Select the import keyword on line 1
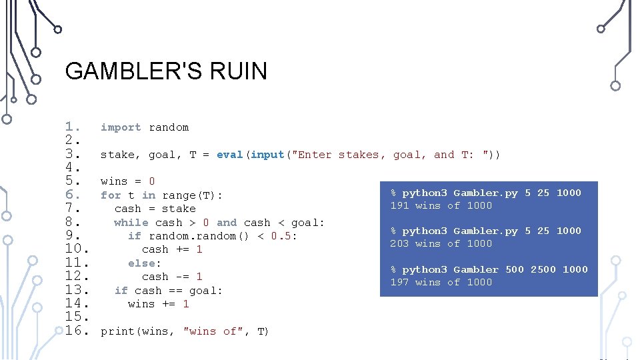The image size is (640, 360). [121, 127]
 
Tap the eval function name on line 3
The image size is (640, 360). [230, 155]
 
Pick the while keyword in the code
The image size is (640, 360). [131, 223]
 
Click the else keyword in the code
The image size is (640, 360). [144, 263]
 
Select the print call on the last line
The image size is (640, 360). [117, 331]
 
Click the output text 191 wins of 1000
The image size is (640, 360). [441, 205]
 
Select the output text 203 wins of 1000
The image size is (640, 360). [441, 243]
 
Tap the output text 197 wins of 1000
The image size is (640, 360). [441, 282]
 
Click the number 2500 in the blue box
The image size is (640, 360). [543, 269]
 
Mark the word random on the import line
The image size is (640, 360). [169, 127]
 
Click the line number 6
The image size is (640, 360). [73, 195]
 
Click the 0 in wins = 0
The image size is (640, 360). [152, 181]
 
